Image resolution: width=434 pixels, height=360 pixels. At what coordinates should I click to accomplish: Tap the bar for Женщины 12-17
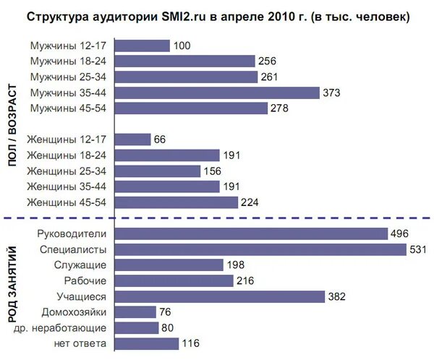click(x=132, y=140)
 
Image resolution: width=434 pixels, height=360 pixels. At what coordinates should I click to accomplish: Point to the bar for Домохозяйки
click(x=135, y=312)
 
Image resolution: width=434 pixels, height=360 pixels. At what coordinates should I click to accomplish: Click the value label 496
click(x=400, y=233)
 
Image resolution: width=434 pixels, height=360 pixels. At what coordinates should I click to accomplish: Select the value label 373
click(x=331, y=93)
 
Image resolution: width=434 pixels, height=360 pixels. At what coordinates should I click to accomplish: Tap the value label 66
click(x=160, y=140)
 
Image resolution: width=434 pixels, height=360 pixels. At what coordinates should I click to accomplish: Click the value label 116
click(x=190, y=343)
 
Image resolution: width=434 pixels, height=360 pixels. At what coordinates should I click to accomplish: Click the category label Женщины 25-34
click(x=66, y=171)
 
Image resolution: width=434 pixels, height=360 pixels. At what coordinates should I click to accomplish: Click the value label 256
click(x=268, y=61)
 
